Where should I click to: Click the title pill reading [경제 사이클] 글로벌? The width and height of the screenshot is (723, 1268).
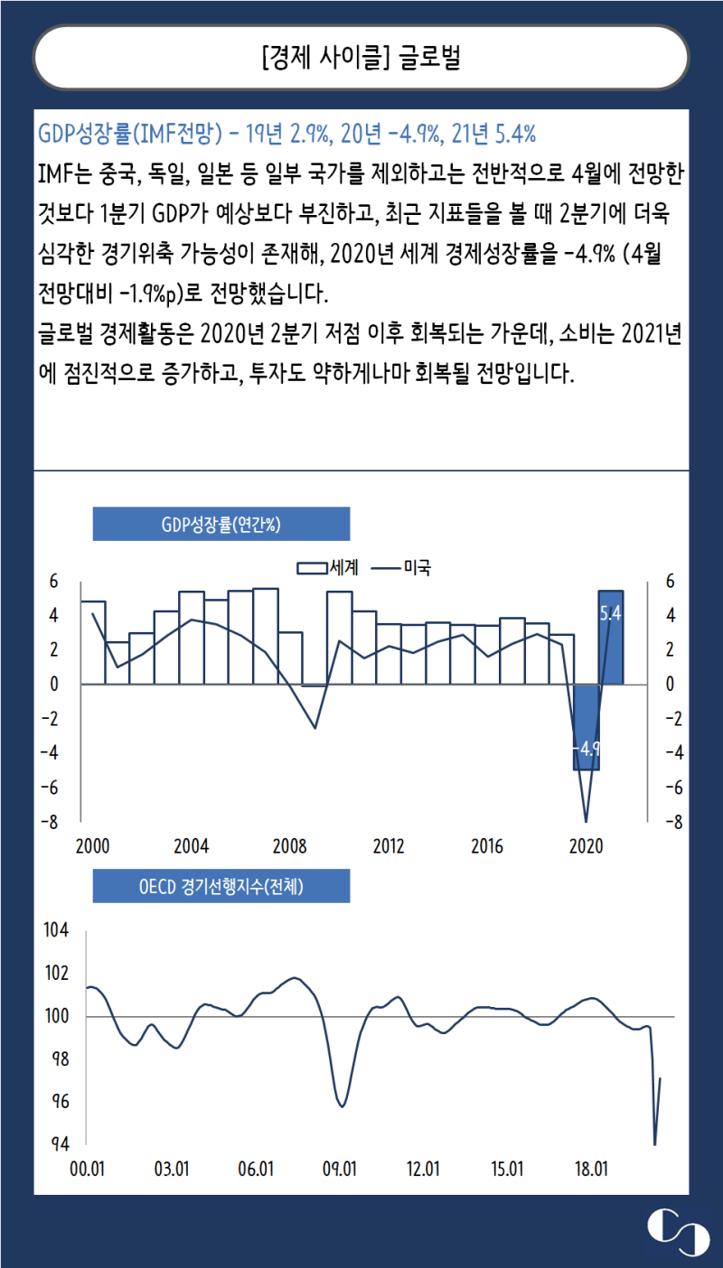(x=361, y=58)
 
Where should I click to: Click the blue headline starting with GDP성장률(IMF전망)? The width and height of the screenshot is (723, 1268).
(x=287, y=135)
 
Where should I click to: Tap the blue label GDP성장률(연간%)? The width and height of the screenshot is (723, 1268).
(x=221, y=524)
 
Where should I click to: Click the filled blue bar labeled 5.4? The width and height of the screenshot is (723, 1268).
(x=610, y=637)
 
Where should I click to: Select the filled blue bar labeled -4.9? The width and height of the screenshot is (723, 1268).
(x=586, y=727)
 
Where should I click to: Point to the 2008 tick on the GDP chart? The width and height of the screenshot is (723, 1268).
(x=290, y=847)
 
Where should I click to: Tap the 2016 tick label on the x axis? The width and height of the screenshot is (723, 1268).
(x=487, y=847)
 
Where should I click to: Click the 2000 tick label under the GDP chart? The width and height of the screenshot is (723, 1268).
(x=92, y=847)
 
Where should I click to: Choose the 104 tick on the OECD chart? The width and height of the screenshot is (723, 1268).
(x=56, y=931)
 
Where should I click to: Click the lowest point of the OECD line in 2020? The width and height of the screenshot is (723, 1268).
(x=654, y=1144)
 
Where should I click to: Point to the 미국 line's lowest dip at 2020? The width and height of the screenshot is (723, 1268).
(x=586, y=822)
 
